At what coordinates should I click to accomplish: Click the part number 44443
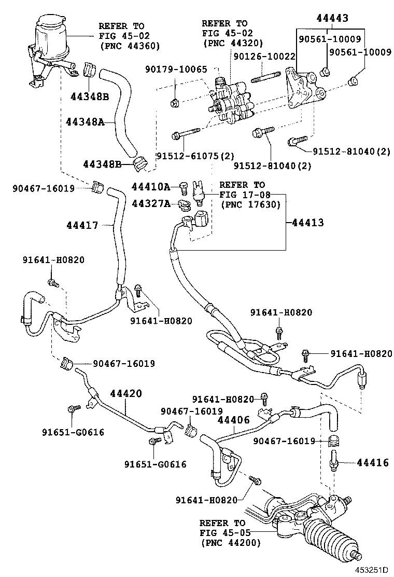(332, 18)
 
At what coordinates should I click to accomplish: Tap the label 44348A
(85, 122)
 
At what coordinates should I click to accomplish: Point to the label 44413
(307, 223)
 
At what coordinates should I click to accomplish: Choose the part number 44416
(372, 462)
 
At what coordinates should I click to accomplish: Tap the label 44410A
(151, 186)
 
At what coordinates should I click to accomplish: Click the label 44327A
(151, 204)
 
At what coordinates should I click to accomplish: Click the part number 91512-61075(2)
(195, 155)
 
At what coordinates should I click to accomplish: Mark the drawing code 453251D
(371, 570)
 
